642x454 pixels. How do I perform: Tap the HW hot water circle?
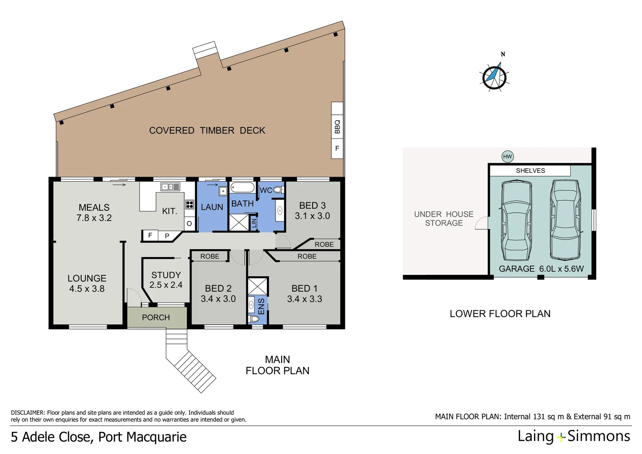coord(508,156)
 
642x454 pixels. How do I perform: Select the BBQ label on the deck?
coord(337,127)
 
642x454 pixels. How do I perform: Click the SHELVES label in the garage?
coord(530,171)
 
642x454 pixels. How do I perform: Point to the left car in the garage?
coord(516,221)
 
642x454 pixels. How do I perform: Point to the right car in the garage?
coord(566,219)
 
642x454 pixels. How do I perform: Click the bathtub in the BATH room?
coord(242,187)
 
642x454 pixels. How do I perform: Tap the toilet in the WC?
coord(278,190)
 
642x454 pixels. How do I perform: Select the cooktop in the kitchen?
coord(189,205)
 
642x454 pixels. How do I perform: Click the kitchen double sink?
coord(170,187)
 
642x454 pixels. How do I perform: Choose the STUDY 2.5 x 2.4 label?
coord(166,280)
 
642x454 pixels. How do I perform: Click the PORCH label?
coord(156,318)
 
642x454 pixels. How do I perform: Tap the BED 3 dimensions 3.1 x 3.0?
coord(312,216)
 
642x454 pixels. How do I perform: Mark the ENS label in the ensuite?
coord(261,306)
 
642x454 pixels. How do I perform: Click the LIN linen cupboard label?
coord(254,223)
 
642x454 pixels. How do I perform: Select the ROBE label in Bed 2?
coord(210,256)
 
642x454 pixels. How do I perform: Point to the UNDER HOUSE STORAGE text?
coord(444,219)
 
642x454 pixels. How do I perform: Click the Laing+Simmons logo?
coord(574,436)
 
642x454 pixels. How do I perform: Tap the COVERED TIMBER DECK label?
coord(207,131)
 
